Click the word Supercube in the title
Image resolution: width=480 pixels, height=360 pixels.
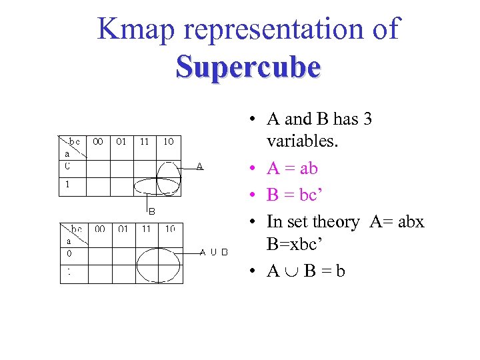[248, 67]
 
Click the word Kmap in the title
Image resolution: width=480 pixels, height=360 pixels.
[139, 29]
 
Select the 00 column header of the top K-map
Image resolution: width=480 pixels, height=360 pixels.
[99, 141]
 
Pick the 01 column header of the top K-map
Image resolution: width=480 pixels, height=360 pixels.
[121, 141]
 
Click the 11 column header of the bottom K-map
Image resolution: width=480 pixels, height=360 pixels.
[146, 229]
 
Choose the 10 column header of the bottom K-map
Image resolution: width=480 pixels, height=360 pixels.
[170, 229]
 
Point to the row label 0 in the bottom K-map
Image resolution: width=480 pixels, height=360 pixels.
[69, 253]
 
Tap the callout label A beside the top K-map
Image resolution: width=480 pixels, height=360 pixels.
[200, 166]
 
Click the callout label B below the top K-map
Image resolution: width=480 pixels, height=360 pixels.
[151, 211]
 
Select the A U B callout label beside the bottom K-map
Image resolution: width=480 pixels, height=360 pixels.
[214, 252]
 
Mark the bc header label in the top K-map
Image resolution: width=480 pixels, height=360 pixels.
[75, 141]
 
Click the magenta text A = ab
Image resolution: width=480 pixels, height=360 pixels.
[292, 169]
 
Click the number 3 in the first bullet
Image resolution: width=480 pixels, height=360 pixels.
[367, 119]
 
